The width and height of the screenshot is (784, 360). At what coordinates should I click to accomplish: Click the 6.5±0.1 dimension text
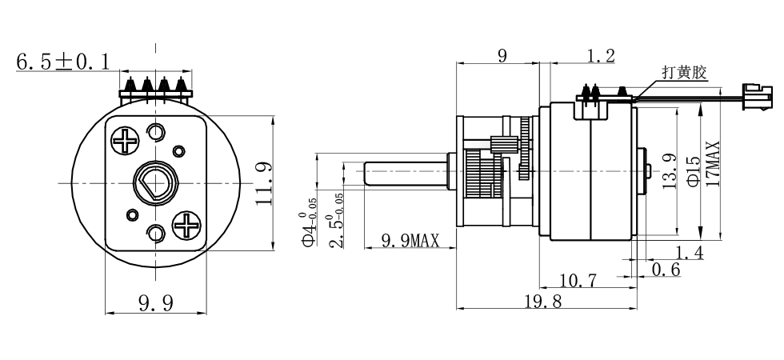pos(62,61)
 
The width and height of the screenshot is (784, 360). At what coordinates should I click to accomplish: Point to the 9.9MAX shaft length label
pos(410,239)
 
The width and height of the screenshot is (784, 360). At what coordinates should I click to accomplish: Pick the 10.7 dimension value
pos(578,279)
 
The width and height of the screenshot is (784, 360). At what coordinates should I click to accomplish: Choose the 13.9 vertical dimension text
pos(672,170)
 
